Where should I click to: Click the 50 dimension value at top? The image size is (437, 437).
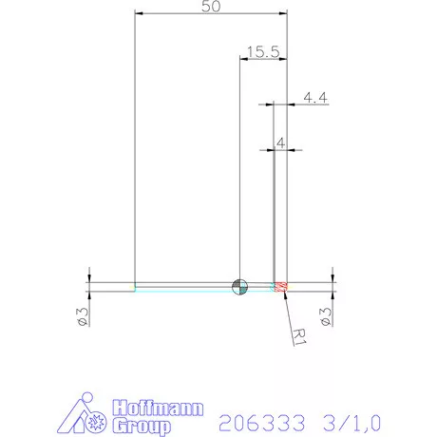212,7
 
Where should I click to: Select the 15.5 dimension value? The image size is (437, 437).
261,53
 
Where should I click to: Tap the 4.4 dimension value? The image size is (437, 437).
315,96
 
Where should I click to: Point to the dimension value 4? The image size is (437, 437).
279,142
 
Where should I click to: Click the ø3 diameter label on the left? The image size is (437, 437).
83,316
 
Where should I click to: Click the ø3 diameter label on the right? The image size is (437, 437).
328,316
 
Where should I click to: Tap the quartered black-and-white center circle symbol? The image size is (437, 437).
240,286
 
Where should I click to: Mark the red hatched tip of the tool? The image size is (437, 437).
280,286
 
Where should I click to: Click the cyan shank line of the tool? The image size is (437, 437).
180,290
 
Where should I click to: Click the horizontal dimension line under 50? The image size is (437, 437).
211,14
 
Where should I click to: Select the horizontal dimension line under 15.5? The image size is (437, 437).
262,61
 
